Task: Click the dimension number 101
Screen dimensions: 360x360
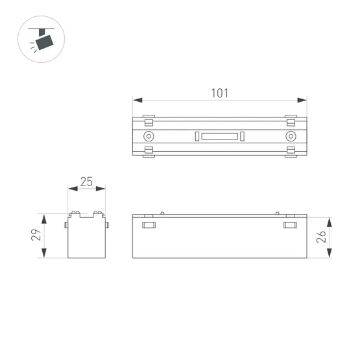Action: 220,93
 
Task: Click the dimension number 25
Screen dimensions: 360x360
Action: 87,182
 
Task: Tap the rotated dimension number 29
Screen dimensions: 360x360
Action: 37,235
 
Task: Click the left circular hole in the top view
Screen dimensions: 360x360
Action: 149,136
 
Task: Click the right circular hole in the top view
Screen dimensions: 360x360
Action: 291,136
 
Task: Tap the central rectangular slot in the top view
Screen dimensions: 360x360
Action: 220,136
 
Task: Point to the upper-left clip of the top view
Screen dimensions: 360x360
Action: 149,121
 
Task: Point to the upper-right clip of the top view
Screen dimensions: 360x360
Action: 291,121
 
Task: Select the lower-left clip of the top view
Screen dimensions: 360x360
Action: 149,151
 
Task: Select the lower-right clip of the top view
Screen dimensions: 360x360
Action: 291,151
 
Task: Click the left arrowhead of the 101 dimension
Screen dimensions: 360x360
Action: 137,100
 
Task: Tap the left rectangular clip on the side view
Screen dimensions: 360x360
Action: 149,225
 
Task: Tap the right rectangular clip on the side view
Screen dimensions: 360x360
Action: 291,225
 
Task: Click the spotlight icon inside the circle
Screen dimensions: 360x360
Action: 44,41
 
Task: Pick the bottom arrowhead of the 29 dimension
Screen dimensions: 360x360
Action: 44,254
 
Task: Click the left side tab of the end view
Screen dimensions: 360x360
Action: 66,224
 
